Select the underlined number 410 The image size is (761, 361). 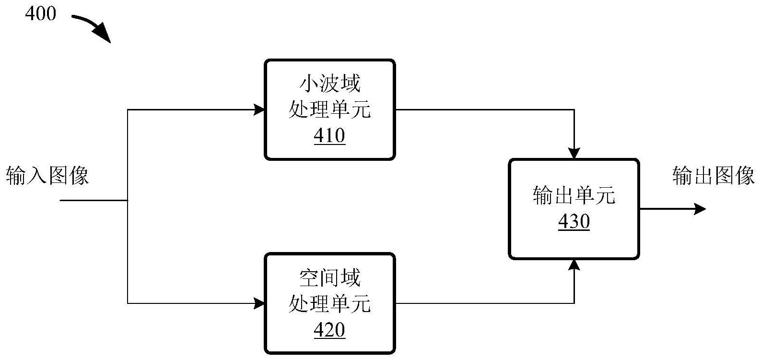329,136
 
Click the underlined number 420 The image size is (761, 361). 329,330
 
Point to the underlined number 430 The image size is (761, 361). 574,221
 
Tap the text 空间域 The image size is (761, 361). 329,278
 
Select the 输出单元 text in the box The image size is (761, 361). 574,195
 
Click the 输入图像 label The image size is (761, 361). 47,175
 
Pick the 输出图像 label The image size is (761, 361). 714,175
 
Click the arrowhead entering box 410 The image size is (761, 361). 259,109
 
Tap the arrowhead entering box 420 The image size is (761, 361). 259,303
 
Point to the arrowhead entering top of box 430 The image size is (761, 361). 574,153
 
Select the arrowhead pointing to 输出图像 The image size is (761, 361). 700,209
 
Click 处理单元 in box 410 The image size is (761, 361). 329,110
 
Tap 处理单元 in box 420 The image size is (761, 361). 329,304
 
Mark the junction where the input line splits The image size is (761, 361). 128,200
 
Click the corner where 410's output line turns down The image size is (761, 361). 574,109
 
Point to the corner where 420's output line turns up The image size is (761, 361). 574,303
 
